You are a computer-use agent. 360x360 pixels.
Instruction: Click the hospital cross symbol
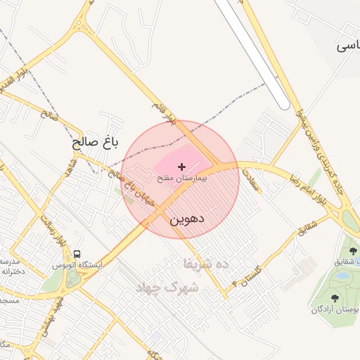pos(182,167)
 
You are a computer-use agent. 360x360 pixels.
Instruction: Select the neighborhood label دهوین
pos(186,219)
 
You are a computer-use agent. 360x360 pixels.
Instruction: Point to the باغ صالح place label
pos(95,143)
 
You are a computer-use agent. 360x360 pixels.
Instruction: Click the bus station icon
pos(77,254)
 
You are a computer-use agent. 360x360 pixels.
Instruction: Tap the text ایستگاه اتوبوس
pos(77,265)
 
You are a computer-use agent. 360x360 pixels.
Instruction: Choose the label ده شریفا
pos(206,264)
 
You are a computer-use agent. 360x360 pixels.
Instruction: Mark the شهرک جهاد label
pos(173,288)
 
